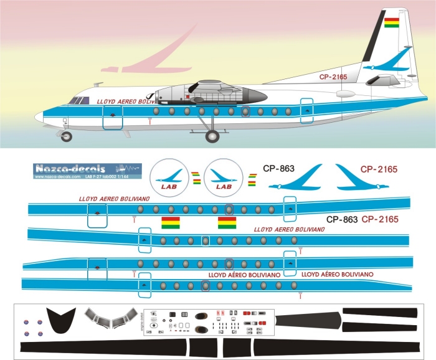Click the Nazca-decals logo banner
coord(86,169)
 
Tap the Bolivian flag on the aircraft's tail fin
coord(392,24)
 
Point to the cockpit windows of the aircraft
coord(77,100)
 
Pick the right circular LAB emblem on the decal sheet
coord(222,176)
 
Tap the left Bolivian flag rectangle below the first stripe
coord(171,223)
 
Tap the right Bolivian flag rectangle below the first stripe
coord(227,223)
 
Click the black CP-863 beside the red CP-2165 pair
coord(341,219)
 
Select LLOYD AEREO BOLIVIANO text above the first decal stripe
coord(113,199)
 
